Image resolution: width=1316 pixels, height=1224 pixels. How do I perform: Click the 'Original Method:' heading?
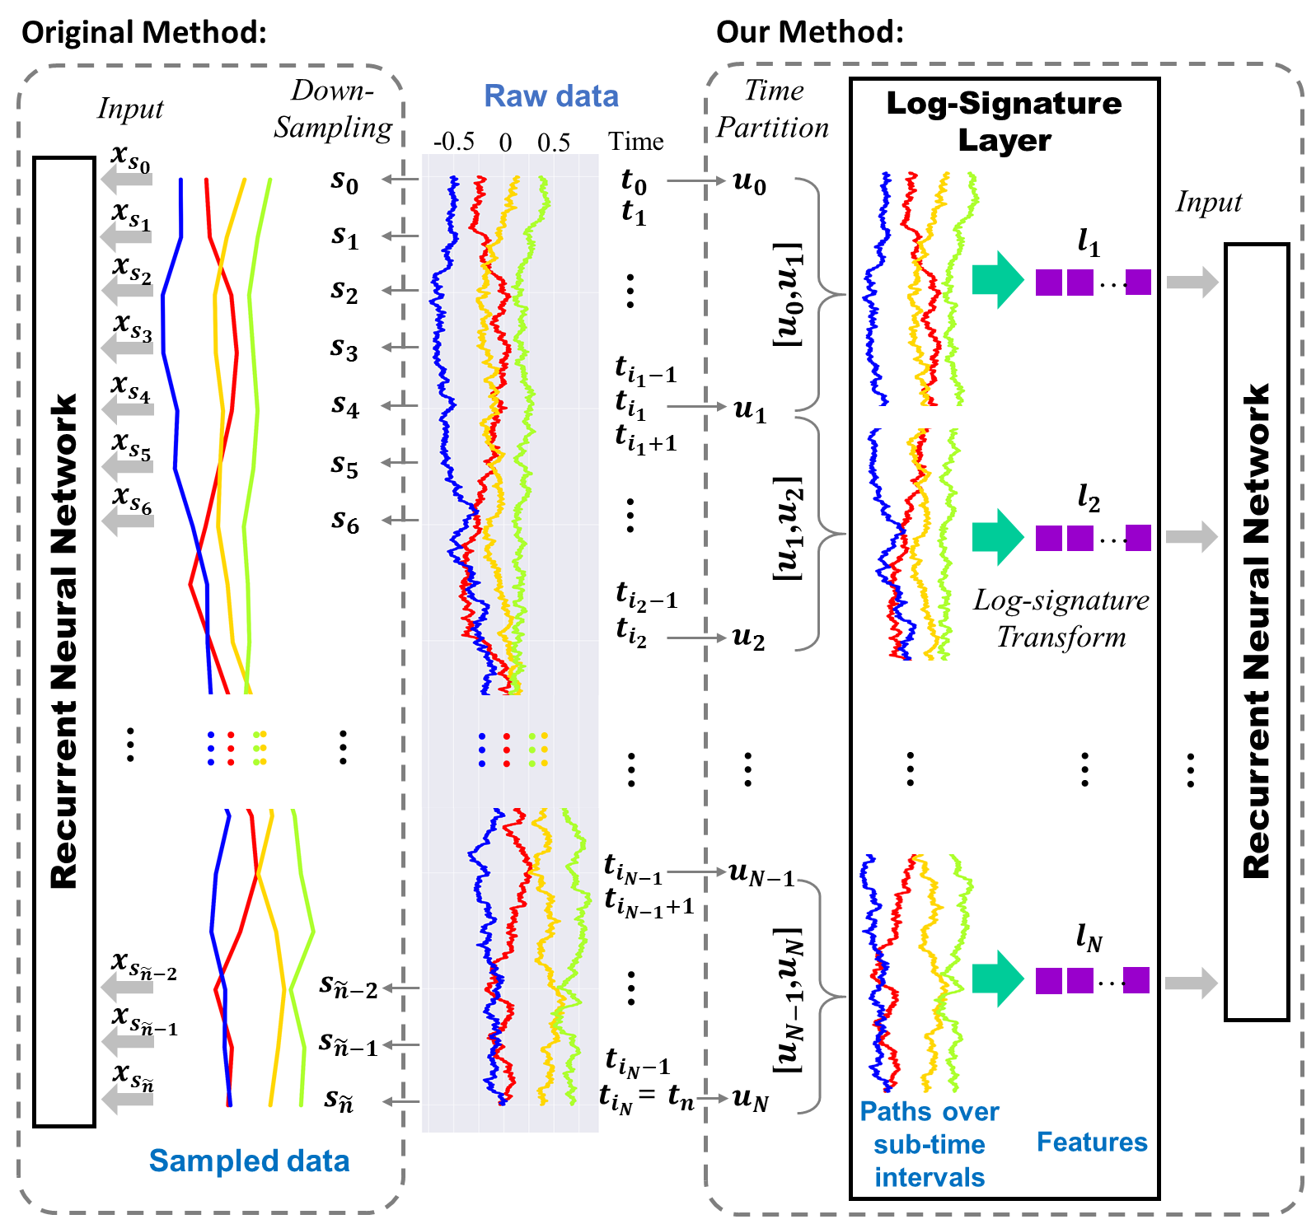(x=144, y=32)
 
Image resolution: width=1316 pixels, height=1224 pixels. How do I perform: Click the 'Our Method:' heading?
(x=810, y=32)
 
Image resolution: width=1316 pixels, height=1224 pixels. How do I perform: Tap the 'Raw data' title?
(x=550, y=96)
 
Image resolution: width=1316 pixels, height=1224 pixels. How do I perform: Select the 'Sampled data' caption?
(x=249, y=1161)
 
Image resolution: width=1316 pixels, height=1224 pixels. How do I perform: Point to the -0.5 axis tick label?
(x=454, y=142)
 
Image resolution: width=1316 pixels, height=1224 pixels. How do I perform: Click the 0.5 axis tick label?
(x=554, y=142)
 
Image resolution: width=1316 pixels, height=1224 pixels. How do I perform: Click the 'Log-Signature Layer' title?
(x=1004, y=121)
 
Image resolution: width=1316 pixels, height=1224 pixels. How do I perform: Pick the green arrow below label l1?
(x=997, y=280)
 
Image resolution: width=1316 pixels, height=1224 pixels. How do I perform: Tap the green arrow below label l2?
(x=997, y=537)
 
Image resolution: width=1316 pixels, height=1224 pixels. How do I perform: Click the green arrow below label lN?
(x=997, y=979)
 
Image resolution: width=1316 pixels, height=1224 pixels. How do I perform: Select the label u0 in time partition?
(x=749, y=182)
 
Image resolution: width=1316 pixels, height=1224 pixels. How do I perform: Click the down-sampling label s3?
(x=344, y=348)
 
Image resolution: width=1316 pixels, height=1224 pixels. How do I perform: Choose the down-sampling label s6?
(x=345, y=521)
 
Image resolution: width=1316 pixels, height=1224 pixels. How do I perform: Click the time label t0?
(x=634, y=180)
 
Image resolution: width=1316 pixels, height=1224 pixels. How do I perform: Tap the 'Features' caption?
(x=1092, y=1142)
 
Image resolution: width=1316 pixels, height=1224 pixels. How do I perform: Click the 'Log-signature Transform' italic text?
(x=1061, y=619)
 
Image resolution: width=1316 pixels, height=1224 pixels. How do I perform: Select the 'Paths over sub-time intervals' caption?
(x=930, y=1144)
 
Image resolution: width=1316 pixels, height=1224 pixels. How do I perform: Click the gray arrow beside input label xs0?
(x=126, y=179)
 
